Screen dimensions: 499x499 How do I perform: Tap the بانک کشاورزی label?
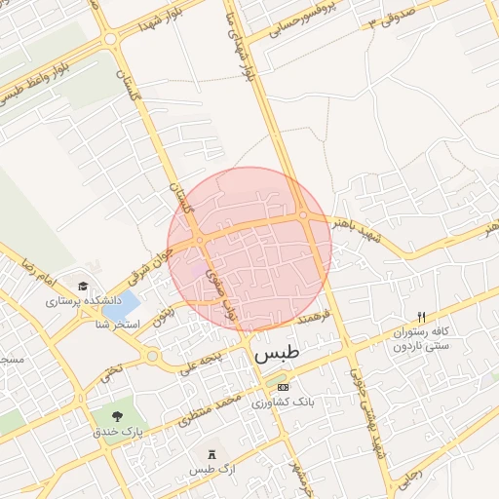282,402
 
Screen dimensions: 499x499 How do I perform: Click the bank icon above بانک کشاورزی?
283,387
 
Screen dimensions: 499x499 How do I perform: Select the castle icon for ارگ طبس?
213,454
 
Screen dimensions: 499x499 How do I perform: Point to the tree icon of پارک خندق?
118,418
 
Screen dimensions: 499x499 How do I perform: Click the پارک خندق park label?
118,432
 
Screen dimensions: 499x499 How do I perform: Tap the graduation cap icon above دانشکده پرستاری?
83,288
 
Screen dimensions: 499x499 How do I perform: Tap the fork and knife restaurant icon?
421,317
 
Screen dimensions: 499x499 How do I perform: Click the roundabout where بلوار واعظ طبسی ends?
110,39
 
